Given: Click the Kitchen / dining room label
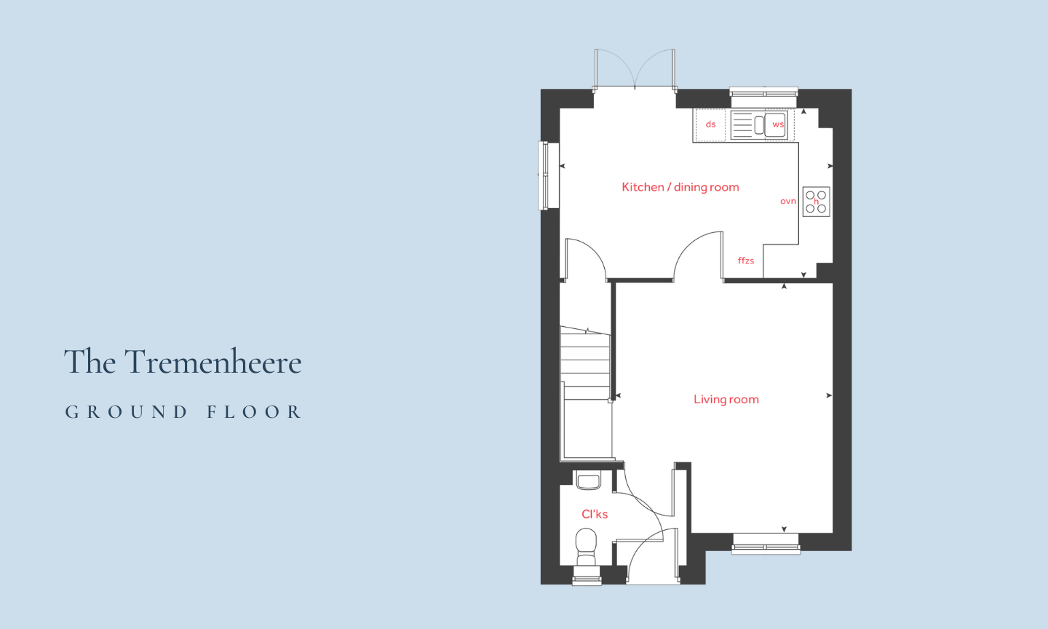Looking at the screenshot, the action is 680,187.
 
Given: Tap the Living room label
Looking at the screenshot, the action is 726,399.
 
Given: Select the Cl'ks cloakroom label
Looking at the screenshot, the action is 595,514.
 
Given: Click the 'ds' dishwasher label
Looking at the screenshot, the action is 710,124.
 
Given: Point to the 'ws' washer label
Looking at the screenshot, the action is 777,124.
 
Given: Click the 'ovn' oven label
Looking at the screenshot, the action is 788,201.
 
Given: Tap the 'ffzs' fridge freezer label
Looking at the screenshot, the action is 746,261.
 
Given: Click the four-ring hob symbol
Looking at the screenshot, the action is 817,202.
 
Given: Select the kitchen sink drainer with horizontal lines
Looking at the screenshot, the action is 742,125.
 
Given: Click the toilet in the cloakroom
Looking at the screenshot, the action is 586,547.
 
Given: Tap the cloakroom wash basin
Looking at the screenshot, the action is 588,480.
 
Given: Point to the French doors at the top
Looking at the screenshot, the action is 635,68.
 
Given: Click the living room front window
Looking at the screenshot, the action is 766,544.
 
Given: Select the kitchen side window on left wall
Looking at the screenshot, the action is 549,175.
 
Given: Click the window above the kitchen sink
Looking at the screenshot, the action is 764,97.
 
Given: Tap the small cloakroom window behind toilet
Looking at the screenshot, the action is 587,576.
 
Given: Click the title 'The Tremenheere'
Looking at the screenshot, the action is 183,361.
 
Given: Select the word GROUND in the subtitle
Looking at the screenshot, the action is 127,412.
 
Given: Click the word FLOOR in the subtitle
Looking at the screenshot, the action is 255,412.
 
